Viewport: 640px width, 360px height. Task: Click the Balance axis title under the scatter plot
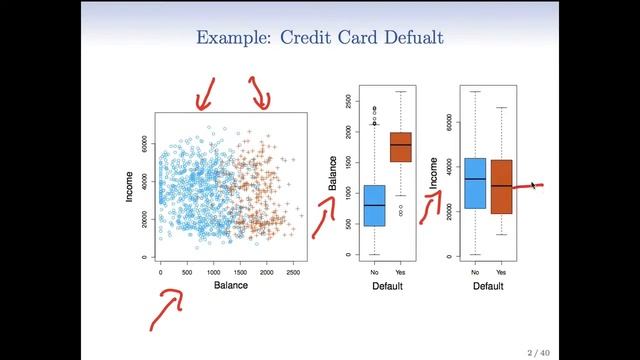pos(230,285)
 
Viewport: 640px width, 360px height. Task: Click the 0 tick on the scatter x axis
pos(160,271)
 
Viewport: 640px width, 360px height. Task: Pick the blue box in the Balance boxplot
pos(374,205)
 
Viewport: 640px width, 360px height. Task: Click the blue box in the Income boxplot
pos(475,183)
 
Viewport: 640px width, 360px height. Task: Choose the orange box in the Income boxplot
pos(501,186)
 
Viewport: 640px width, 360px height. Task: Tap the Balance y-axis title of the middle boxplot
pos(332,172)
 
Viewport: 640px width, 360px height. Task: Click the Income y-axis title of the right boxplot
pos(433,172)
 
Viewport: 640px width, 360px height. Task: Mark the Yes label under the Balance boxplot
pos(400,271)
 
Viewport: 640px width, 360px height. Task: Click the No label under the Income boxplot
pos(475,271)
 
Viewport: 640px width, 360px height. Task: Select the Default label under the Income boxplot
pos(488,286)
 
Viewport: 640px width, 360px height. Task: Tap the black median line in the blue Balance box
pos(374,205)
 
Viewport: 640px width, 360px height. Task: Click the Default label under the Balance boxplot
pos(387,286)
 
